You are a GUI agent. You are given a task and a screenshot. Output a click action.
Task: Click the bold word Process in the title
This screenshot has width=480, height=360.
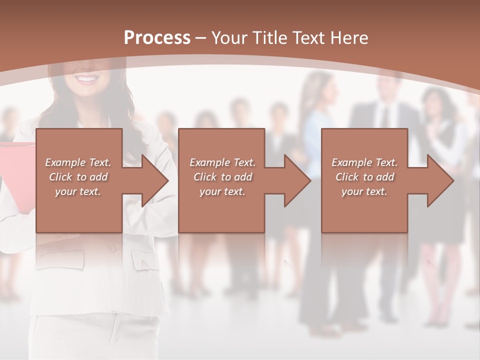tap(157, 38)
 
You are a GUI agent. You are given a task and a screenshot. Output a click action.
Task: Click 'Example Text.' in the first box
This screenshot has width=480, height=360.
tap(78, 162)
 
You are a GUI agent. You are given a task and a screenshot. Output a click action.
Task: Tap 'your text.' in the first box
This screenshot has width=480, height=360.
tap(78, 191)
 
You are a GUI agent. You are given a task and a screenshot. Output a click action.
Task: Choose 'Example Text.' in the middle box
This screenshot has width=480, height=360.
tap(222, 162)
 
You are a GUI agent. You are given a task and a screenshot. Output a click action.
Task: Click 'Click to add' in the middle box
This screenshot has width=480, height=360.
tap(222, 177)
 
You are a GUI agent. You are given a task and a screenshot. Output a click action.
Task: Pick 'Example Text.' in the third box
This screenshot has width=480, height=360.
tap(364, 162)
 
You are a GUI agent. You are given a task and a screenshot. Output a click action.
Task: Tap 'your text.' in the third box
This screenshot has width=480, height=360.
tap(364, 191)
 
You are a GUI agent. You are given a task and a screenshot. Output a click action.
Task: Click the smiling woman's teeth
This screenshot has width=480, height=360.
tap(87, 79)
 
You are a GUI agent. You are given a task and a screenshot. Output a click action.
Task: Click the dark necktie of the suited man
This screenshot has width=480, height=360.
tap(384, 116)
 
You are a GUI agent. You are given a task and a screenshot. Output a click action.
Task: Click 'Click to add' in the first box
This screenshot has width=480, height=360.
tap(78, 177)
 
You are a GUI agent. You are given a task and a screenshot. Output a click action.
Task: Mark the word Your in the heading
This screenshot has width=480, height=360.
tap(229, 38)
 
